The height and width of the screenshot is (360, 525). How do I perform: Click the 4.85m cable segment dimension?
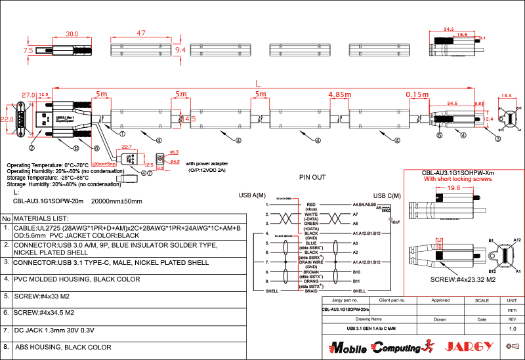click(x=340, y=94)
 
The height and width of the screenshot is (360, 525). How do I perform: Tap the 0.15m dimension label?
click(x=417, y=94)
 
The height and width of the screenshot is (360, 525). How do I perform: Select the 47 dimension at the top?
click(x=140, y=33)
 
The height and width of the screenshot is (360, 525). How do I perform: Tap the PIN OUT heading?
click(x=312, y=177)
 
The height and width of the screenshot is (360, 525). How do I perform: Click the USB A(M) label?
click(x=252, y=195)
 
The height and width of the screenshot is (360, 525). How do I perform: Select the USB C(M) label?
click(x=387, y=195)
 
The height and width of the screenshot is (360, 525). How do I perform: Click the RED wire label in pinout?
click(x=311, y=204)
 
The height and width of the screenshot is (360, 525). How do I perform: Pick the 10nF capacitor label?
click(x=394, y=222)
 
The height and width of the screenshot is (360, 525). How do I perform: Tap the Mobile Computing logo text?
click(x=375, y=346)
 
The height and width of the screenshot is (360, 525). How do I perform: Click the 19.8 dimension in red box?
click(x=453, y=188)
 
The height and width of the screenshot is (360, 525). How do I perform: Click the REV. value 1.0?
click(x=513, y=328)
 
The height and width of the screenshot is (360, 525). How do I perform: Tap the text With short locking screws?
click(x=457, y=179)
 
